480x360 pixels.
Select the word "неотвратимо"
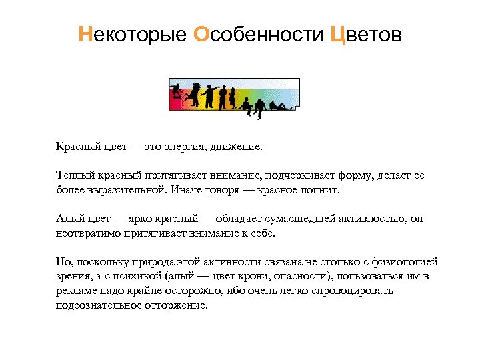point(86,233)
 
